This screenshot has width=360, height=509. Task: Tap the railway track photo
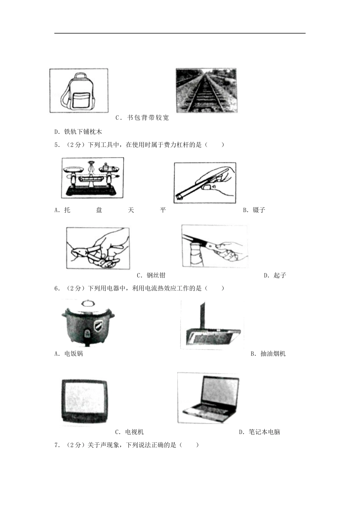click(x=206, y=91)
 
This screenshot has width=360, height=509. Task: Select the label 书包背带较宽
click(x=148, y=118)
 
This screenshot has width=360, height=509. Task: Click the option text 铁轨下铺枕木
click(x=83, y=132)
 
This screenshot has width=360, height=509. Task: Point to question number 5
click(x=57, y=145)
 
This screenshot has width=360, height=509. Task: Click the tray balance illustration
click(x=92, y=178)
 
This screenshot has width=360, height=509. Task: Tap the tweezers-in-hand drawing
click(x=205, y=183)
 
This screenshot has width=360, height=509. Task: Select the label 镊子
click(x=259, y=210)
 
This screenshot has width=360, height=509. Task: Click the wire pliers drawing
click(x=98, y=248)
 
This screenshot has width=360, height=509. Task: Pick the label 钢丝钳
click(x=156, y=275)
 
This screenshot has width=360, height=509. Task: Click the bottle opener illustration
click(x=215, y=246)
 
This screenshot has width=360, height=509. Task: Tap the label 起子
click(x=280, y=275)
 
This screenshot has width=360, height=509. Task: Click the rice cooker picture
click(x=88, y=323)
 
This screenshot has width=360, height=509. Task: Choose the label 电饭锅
click(x=74, y=354)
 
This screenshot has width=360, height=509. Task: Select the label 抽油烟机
click(x=273, y=354)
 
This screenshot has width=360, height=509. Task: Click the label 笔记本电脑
click(x=264, y=432)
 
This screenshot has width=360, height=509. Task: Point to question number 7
click(x=57, y=445)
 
